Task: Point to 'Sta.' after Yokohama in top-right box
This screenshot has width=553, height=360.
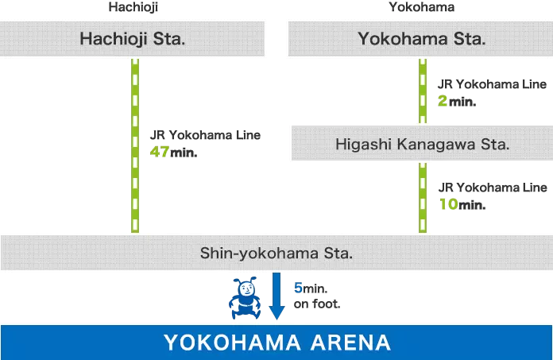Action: click(x=467, y=39)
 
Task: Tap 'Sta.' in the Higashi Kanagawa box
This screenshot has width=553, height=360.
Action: click(x=493, y=145)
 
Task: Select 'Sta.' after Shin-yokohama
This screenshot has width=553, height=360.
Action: click(x=338, y=253)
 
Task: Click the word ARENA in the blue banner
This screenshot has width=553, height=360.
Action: click(x=350, y=343)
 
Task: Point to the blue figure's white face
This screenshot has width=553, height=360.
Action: click(x=246, y=288)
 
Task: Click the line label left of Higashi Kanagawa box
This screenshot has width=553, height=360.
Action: click(x=213, y=142)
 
